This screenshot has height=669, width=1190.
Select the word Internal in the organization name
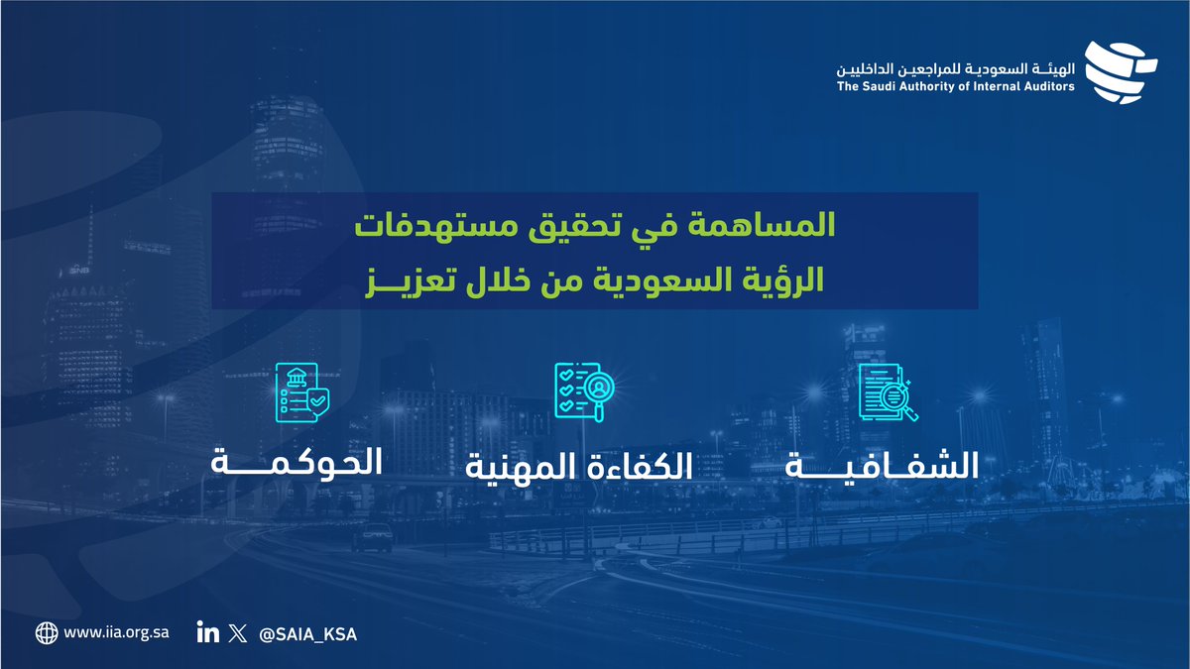click(x=986, y=87)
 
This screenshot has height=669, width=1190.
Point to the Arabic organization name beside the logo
click(x=956, y=67)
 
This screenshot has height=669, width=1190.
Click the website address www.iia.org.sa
click(x=116, y=632)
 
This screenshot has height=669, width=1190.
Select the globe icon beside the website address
click(x=46, y=632)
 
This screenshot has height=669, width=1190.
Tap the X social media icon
click(x=235, y=632)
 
